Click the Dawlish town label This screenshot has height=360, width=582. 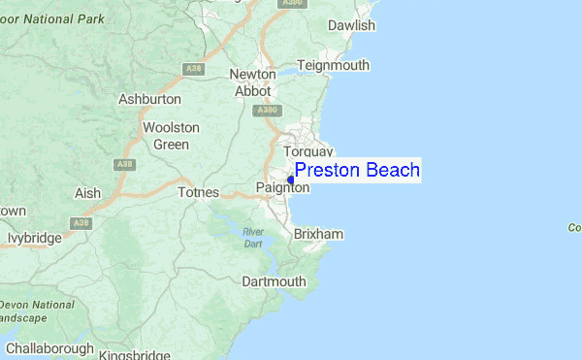point(351,25)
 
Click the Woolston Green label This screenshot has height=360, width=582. point(171,136)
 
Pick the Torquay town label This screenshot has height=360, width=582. point(307,151)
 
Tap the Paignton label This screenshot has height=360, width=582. point(282,187)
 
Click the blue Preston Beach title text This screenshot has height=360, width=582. point(357,171)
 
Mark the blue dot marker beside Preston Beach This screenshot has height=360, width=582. point(291,180)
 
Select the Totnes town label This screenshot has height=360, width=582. point(200,192)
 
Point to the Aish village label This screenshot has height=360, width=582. point(87,193)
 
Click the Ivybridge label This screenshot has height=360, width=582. point(34,238)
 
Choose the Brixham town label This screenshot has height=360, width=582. point(319,235)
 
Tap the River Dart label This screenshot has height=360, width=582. point(253,237)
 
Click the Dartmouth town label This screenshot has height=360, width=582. point(274,282)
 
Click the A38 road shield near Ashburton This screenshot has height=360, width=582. point(193,68)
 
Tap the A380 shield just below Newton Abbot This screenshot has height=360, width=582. point(268,111)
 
